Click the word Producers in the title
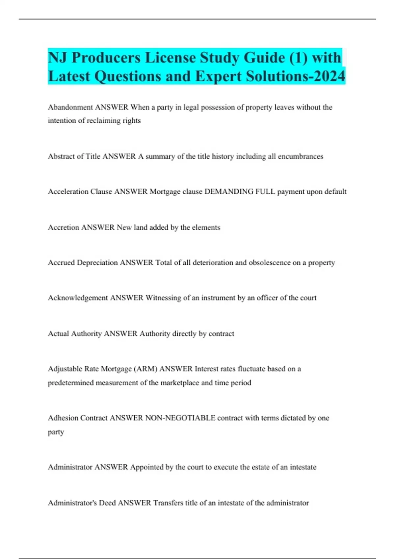click(106, 58)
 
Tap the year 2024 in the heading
click(329, 76)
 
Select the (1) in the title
click(299, 58)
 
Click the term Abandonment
click(70, 107)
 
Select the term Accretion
click(63, 227)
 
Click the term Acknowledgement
click(78, 298)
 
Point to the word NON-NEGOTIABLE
click(180, 418)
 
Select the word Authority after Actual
click(86, 333)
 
